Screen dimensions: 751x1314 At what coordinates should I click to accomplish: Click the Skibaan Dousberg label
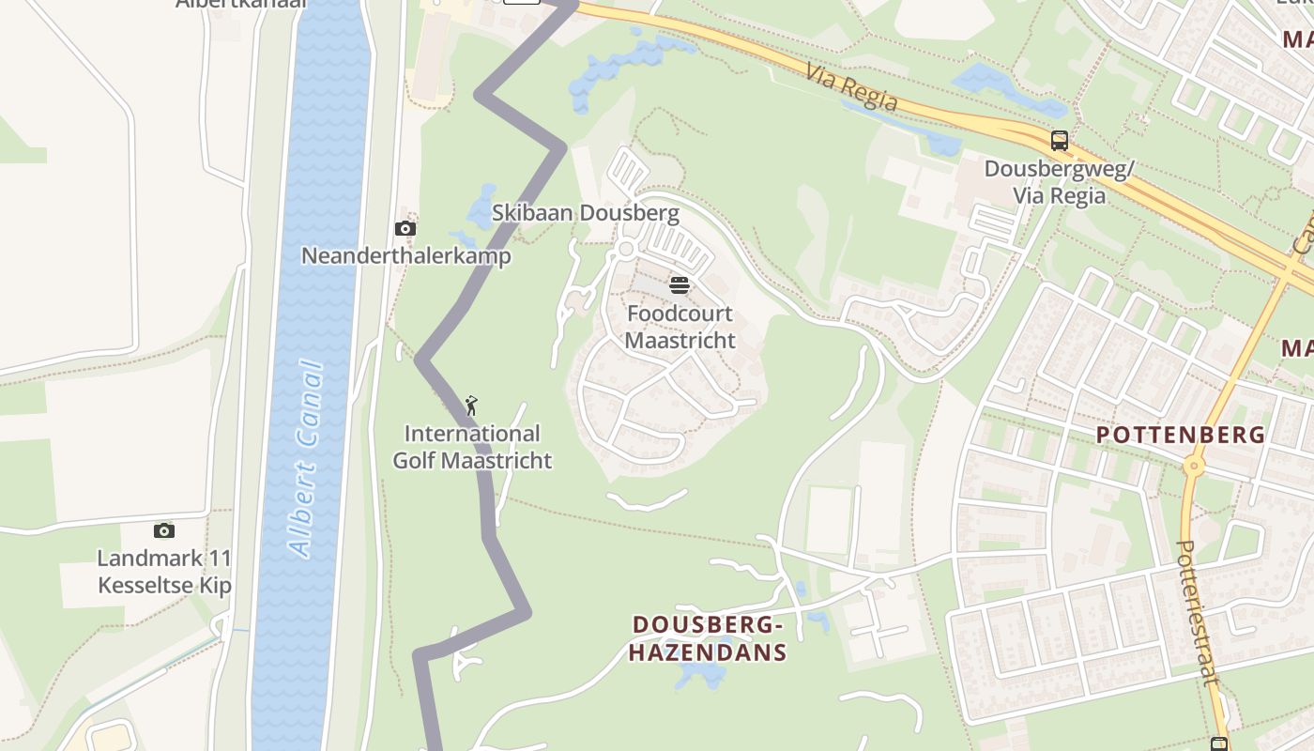click(586, 213)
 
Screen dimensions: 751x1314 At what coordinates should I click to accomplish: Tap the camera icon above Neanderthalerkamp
click(405, 228)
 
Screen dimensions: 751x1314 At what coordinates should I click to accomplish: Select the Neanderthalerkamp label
click(405, 255)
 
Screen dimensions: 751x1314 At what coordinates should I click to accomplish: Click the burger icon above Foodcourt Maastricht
click(680, 284)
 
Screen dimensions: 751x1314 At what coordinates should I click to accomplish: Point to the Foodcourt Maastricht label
click(680, 326)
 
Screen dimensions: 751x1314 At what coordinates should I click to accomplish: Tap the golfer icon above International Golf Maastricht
click(471, 406)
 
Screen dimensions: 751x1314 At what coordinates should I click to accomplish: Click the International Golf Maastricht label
click(472, 447)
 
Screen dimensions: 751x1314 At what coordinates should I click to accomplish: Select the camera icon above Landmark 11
click(164, 530)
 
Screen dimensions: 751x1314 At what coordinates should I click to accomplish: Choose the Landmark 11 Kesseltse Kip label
click(164, 572)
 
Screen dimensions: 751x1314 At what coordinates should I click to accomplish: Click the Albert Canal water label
click(307, 460)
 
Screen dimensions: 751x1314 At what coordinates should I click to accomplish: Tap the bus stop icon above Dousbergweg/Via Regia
click(1060, 141)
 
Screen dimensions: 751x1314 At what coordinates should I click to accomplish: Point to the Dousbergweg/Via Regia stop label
click(1059, 182)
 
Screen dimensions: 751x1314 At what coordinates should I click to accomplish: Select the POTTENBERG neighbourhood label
click(1181, 435)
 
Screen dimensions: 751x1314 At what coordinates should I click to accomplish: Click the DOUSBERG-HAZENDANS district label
click(708, 638)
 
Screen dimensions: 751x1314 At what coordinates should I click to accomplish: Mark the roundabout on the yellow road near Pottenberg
click(1194, 464)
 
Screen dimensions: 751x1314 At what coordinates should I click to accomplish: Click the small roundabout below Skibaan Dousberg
click(626, 249)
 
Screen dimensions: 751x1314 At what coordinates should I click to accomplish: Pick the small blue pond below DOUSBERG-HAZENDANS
click(702, 673)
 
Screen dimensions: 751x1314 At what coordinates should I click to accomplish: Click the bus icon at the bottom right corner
click(1218, 743)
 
